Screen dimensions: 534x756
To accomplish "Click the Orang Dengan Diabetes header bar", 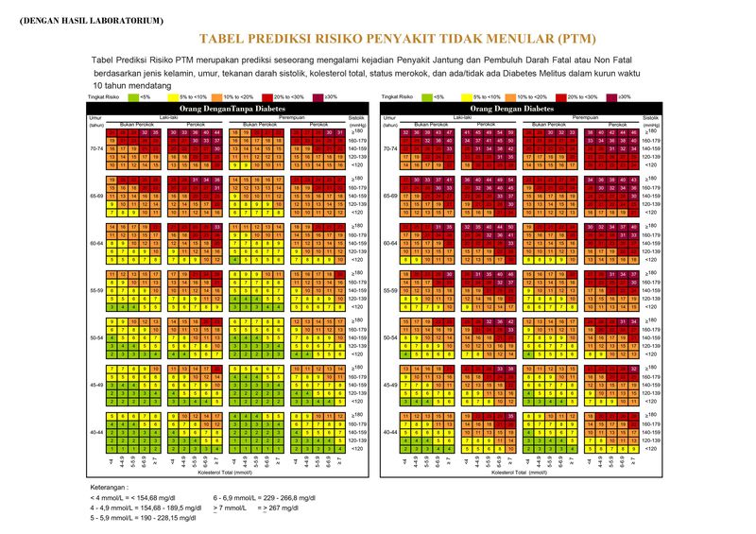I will (x=516, y=109).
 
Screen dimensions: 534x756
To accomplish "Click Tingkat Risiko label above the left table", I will (x=104, y=96).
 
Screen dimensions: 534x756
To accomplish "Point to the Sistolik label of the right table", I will (x=650, y=117).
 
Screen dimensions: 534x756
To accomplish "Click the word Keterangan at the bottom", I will (x=113, y=487).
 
